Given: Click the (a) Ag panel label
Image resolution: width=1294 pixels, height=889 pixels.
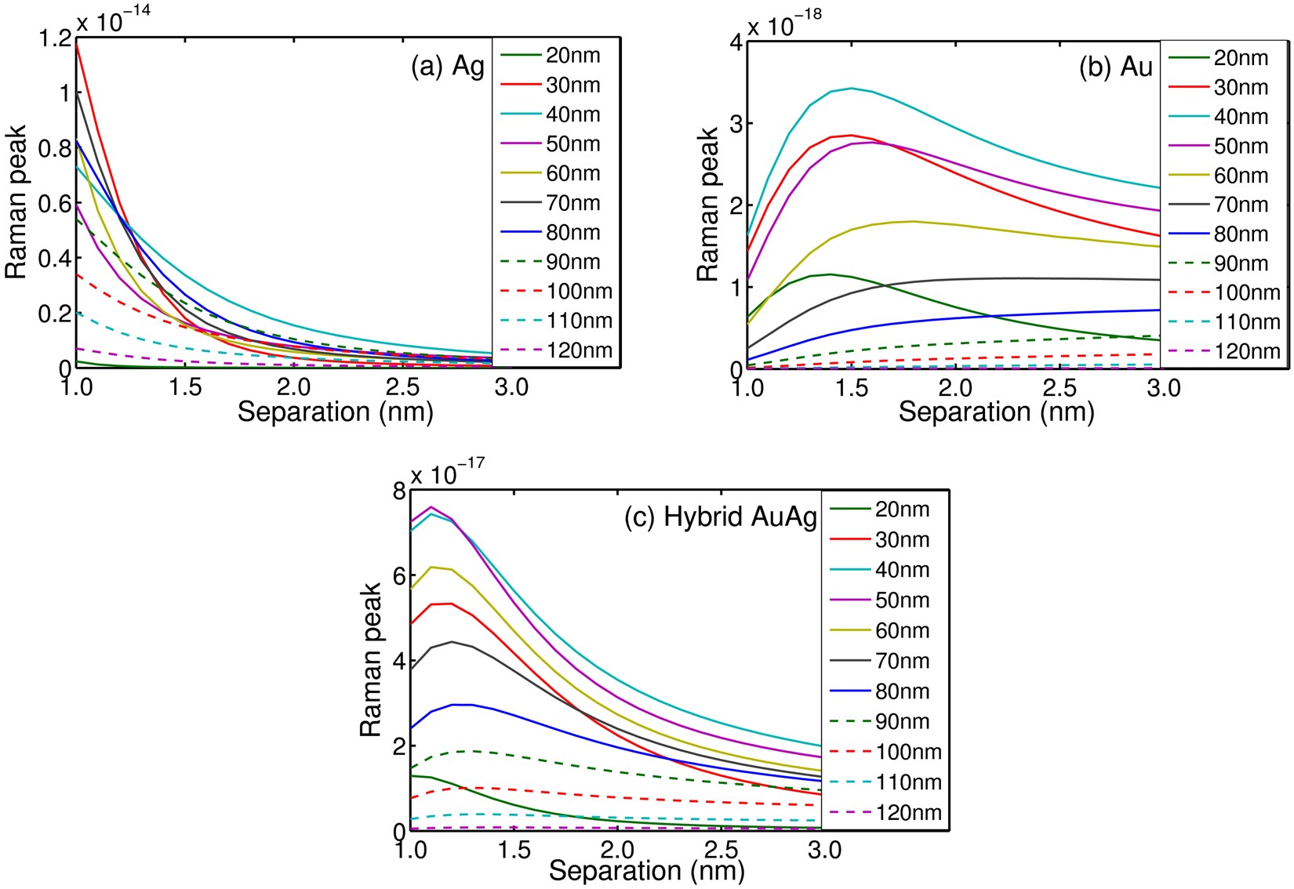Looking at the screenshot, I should [x=448, y=67].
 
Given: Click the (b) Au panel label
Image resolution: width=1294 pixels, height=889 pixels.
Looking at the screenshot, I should [x=1115, y=67].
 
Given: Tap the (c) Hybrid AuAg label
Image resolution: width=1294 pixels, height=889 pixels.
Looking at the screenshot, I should [x=720, y=517].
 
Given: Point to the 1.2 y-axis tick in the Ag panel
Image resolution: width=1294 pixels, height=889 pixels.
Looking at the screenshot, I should [x=53, y=38].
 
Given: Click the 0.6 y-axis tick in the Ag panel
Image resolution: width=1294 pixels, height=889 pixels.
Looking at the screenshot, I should [x=53, y=203].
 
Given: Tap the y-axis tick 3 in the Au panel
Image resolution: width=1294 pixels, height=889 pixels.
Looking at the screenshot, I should [x=735, y=123].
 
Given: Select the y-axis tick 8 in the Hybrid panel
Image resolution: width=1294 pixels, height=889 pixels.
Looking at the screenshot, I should [x=399, y=492].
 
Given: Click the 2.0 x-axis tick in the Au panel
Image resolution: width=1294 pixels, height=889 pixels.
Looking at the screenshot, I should [x=956, y=387].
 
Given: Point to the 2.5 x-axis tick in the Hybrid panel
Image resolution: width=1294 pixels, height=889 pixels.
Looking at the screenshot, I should [x=722, y=850].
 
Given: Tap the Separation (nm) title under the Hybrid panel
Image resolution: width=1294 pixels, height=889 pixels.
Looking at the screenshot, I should [x=646, y=870].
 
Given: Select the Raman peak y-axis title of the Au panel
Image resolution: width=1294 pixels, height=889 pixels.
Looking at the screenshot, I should [x=707, y=204].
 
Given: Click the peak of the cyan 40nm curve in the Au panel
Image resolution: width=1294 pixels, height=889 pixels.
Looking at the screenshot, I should [x=852, y=88].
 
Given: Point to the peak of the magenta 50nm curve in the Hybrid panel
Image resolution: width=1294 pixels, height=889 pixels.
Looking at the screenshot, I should [x=431, y=506].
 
